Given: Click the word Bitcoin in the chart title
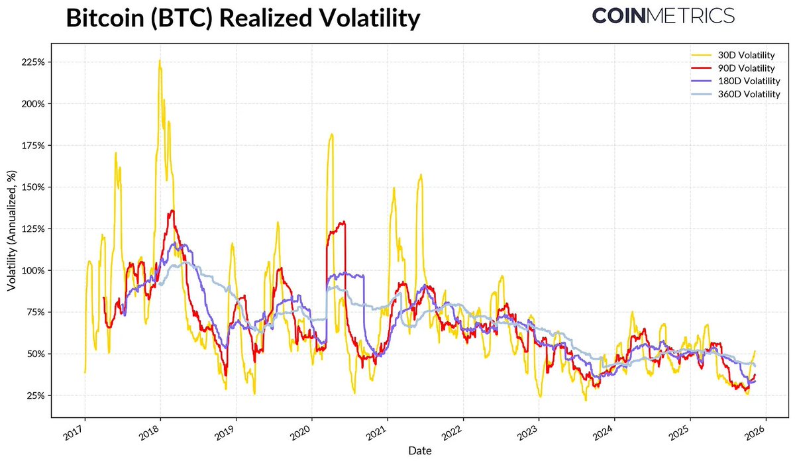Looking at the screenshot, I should pyautogui.click(x=105, y=19).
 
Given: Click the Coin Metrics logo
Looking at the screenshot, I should pyautogui.click(x=663, y=16).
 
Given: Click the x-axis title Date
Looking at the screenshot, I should pyautogui.click(x=420, y=451).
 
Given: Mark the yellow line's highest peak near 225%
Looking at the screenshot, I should pyautogui.click(x=159, y=60).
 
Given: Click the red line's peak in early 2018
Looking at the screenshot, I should pyautogui.click(x=172, y=211).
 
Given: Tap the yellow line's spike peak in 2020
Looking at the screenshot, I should pyautogui.click(x=331, y=134).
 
